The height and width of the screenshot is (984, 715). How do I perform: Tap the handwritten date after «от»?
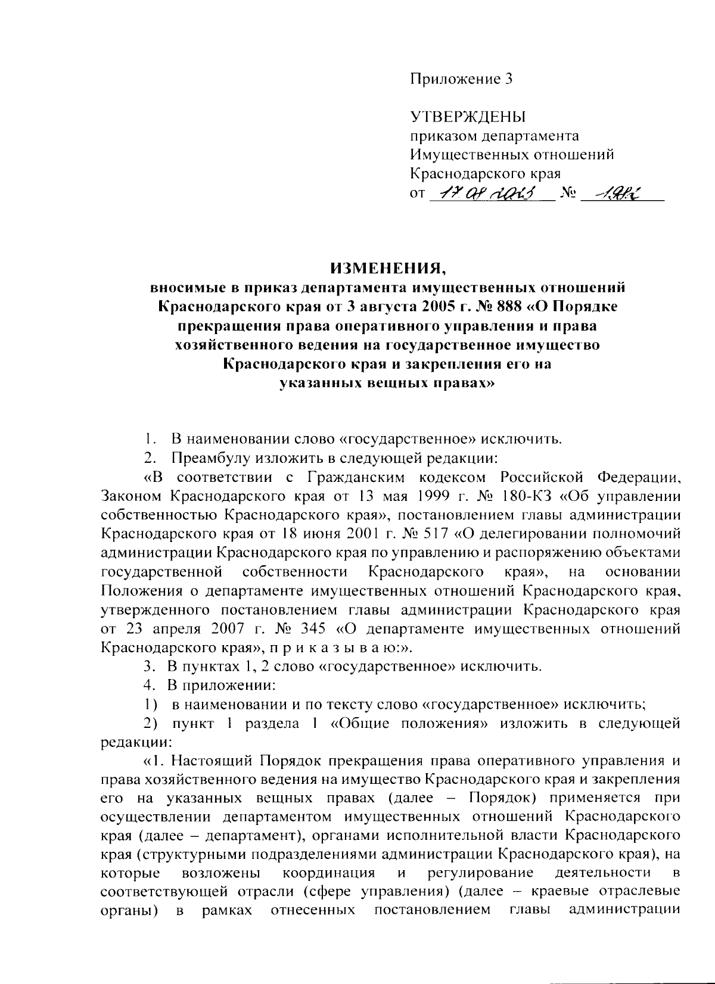click(x=488, y=194)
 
